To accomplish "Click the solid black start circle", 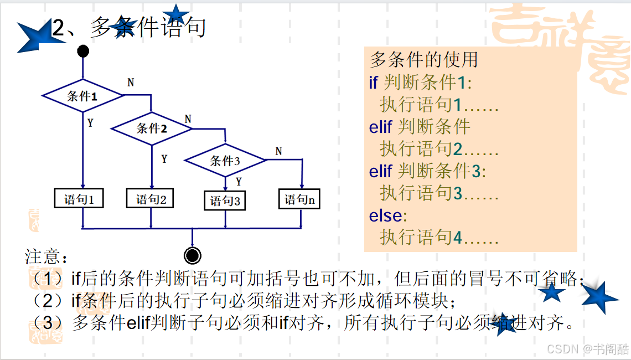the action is click(83, 51).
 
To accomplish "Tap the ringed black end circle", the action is click(193, 255).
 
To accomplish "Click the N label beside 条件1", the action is click(131, 83).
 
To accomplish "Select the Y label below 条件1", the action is click(91, 123).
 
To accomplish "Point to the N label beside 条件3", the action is click(278, 151).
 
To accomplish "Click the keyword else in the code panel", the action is click(386, 216).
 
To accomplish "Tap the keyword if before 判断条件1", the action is click(373, 83).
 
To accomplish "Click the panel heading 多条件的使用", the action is click(424, 60).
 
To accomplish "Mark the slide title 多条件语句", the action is click(148, 27).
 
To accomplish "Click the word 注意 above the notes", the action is click(43, 256).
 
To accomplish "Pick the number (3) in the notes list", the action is click(48, 322).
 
